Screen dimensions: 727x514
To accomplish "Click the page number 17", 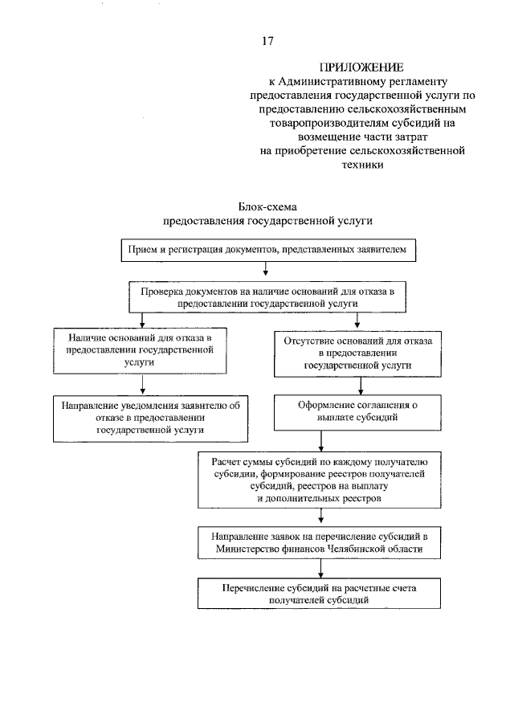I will [x=267, y=40].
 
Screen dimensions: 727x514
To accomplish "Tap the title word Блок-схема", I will [x=267, y=206].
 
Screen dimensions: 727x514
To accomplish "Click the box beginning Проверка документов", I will [x=267, y=298].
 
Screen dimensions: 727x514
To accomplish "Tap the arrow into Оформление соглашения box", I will [x=321, y=386].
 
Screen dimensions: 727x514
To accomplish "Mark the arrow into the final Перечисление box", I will [x=321, y=570].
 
